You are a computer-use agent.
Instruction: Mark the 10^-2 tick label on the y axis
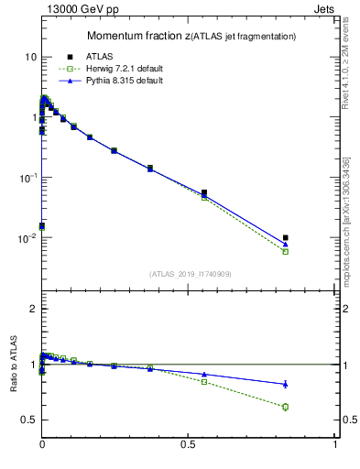[27, 237]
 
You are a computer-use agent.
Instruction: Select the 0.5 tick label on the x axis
[189, 444]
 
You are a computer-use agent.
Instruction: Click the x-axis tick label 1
[335, 444]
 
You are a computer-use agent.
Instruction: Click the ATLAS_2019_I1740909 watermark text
[190, 274]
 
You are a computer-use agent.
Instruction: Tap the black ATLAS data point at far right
[286, 238]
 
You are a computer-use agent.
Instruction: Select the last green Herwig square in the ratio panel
[286, 407]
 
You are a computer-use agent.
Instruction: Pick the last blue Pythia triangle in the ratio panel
[286, 384]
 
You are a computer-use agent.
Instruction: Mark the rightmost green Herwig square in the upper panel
[286, 251]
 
